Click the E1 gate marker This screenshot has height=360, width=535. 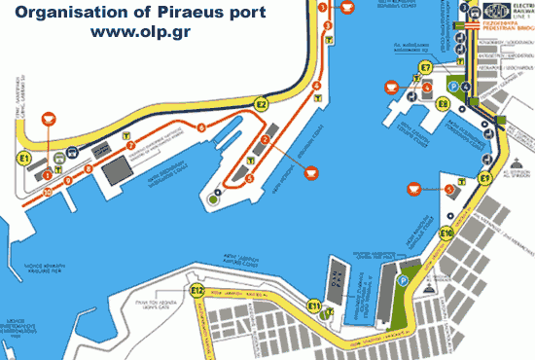tap(24, 156)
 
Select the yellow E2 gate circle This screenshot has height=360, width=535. tap(261, 103)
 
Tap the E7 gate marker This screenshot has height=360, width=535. tap(424, 67)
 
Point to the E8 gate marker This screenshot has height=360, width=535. tap(443, 102)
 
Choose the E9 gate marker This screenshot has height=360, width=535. tap(484, 179)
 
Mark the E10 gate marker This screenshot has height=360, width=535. tap(446, 233)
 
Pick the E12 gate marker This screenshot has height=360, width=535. tap(197, 290)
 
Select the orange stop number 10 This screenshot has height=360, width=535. tap(47, 191)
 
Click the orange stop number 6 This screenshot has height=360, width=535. tap(201, 127)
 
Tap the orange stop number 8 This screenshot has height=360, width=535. tap(88, 168)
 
